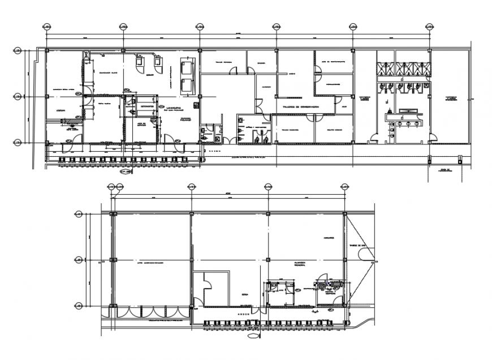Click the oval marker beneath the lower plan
click(x=252, y=333)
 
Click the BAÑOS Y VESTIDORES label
click(x=253, y=128)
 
